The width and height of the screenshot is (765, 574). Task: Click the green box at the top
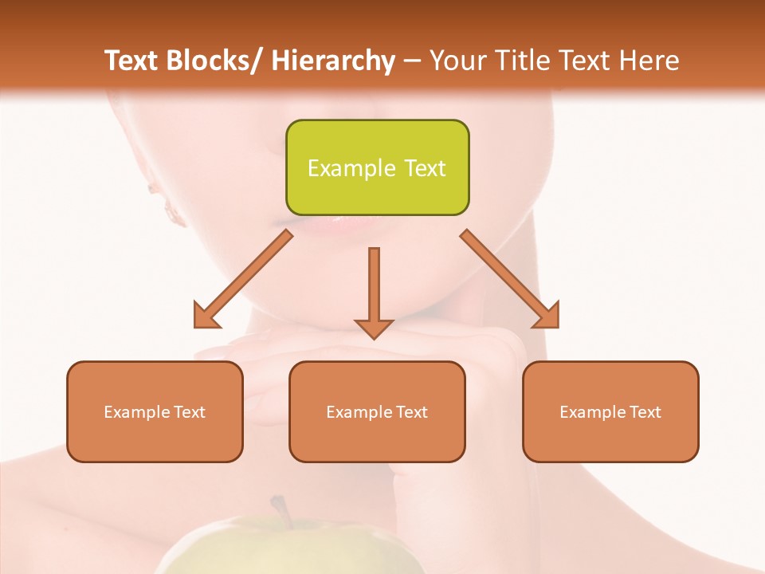pos(377,167)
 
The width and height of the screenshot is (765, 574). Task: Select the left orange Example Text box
pos(155,411)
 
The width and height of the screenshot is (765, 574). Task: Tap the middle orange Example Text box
pos(377,411)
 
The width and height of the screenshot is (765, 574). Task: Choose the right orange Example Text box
pos(610,411)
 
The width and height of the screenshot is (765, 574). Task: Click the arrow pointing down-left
pos(239,283)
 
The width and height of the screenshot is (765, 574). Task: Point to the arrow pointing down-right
pos(514,283)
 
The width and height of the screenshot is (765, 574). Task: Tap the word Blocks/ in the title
pos(214,61)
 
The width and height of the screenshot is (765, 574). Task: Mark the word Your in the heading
pos(456,61)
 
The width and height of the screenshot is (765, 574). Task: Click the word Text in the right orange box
pos(645,412)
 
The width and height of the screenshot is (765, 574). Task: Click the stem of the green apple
pos(280,511)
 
